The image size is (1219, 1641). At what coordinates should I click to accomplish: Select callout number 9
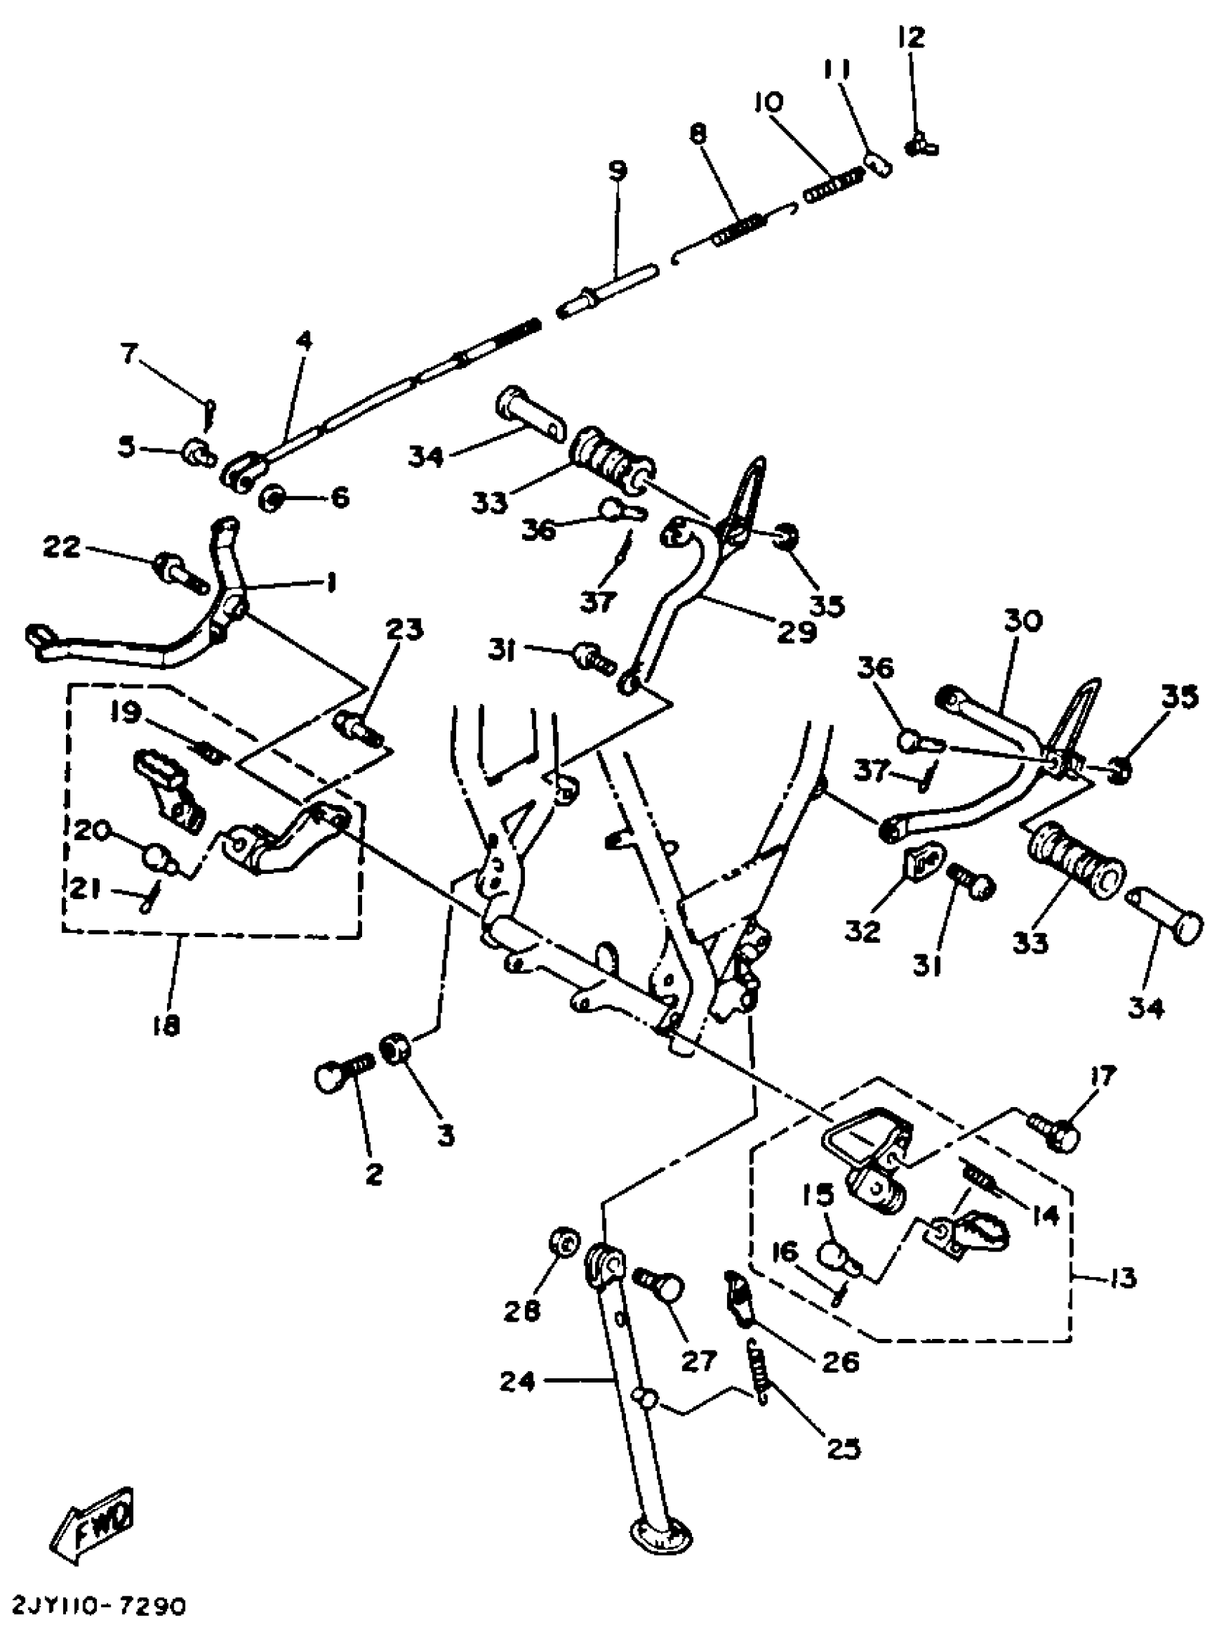pos(617,171)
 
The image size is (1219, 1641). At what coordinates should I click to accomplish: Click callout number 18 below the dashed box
pos(168,1027)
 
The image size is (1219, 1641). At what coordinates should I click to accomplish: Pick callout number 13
pos(1123,1278)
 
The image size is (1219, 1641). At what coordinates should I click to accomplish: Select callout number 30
pos(1023,621)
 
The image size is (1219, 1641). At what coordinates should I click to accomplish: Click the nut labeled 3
pos(395,1047)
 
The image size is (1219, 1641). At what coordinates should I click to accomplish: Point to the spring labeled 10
pos(835,184)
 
